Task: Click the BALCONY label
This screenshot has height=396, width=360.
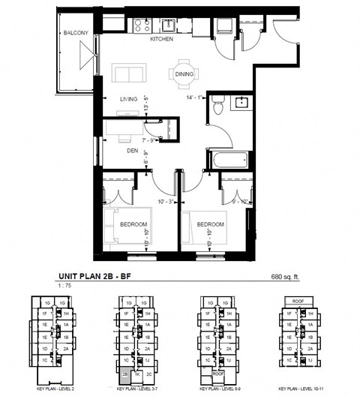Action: pos(75,32)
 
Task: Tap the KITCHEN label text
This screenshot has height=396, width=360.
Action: pos(162,38)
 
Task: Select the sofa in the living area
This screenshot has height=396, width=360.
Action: pos(129,73)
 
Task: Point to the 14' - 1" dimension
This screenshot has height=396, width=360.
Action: pos(196,96)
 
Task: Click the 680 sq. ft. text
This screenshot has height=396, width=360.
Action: pos(289,277)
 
